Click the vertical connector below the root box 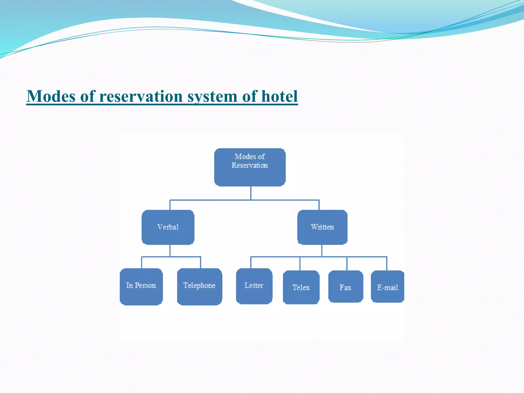pos(251,193)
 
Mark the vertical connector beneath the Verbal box pos(170,250)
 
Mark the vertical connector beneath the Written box pos(322,250)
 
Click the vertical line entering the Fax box pos(347,264)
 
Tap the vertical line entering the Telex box pos(300,264)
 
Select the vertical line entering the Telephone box pos(201,263)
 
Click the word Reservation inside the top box pos(249,166)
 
